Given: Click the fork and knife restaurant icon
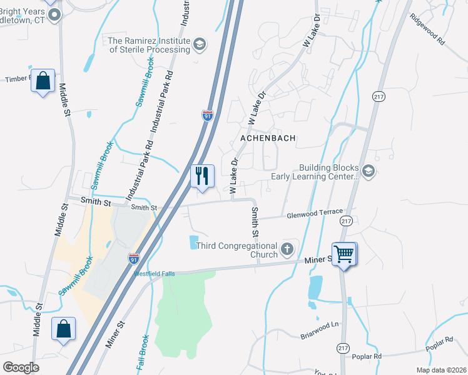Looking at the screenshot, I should pos(202,176).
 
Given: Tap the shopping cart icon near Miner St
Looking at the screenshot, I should pos(343,254).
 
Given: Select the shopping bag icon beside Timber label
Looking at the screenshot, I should pos(43,81).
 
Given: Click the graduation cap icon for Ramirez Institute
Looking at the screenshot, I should pos(199,44).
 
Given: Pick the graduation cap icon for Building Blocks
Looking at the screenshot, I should pos(369,171).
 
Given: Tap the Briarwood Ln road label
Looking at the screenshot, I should pos(318,325).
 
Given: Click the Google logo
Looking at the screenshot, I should pos(21,367).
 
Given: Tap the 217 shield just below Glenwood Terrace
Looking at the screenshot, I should pos(346,221).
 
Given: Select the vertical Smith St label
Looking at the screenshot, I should pos(255,222).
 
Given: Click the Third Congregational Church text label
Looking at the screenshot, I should pos(237,250).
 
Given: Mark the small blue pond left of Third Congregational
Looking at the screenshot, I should pos(193,241).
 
